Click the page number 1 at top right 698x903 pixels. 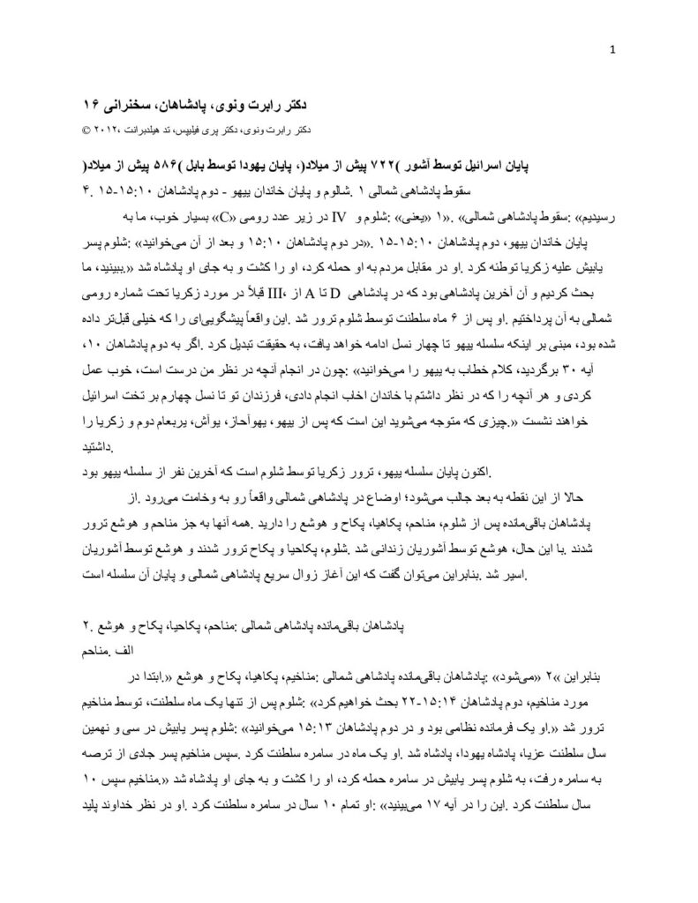(612, 49)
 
